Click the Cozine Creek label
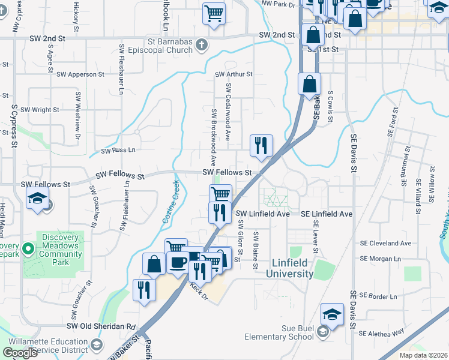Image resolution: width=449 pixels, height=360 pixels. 170,203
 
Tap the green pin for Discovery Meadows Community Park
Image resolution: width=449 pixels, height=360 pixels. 28,248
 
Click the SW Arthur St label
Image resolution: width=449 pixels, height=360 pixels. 234,74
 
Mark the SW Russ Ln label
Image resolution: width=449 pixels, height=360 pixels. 118,150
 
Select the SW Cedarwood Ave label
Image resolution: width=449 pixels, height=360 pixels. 229,112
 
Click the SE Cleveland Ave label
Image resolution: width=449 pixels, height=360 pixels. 385,244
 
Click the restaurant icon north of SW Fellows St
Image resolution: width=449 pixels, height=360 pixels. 261,145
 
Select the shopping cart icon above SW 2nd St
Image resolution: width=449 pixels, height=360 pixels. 214,13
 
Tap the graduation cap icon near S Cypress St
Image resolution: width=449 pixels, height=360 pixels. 37,197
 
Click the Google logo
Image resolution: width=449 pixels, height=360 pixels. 20,352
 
